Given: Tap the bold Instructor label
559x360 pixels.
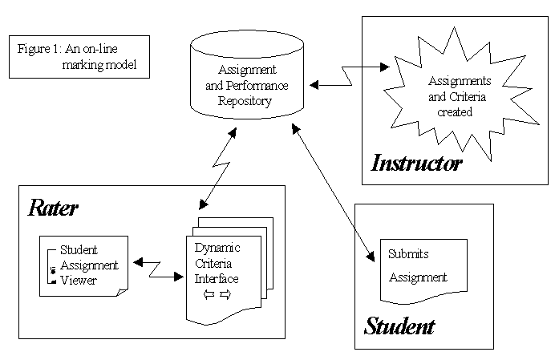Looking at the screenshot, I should click(417, 164).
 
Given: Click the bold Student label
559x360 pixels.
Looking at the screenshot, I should click(399, 326).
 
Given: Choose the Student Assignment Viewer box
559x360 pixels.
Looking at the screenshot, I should click(83, 264).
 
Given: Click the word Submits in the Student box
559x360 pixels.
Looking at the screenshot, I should click(409, 254).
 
